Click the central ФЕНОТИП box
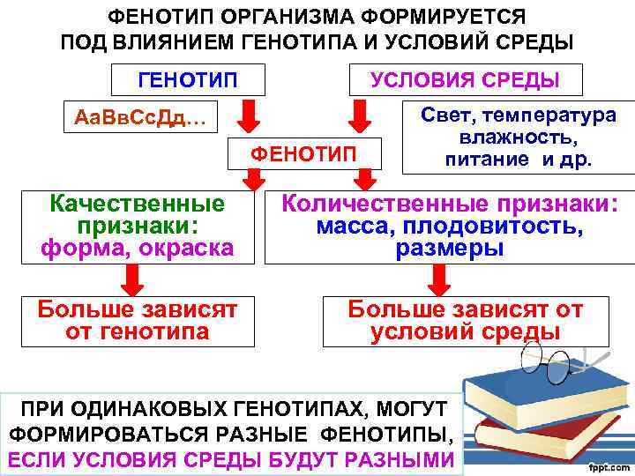(304, 155)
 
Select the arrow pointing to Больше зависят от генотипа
(132, 279)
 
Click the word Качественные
(138, 205)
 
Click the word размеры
(450, 249)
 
